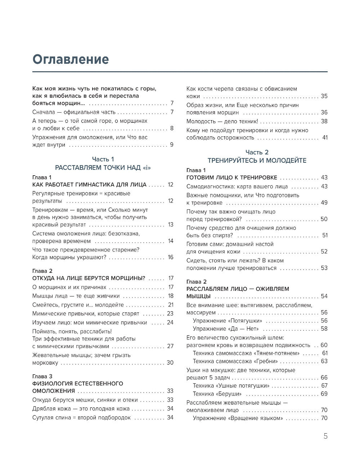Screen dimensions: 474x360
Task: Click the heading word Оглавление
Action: (x=71, y=59)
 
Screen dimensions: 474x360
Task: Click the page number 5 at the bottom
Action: (x=325, y=436)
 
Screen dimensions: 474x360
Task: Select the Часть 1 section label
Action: (x=103, y=159)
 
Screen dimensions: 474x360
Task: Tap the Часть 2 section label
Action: (x=257, y=152)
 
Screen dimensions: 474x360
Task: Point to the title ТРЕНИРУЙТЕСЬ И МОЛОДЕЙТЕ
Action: (x=257, y=161)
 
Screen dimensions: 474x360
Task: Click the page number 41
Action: (x=324, y=137)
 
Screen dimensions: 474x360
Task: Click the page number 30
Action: (x=170, y=362)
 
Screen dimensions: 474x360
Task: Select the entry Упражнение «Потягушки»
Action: (x=228, y=320)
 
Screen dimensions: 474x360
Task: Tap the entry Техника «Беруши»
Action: (x=217, y=394)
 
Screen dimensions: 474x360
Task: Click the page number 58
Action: (x=324, y=329)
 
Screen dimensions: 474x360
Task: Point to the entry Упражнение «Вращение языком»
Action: (x=238, y=418)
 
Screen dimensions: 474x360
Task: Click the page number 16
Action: (x=170, y=257)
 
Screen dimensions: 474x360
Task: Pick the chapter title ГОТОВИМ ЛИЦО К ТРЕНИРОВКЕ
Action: (x=232, y=177)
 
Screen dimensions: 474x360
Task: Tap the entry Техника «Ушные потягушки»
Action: (x=231, y=385)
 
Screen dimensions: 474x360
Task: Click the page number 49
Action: (x=324, y=203)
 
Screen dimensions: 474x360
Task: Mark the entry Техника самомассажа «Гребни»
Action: (x=235, y=361)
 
